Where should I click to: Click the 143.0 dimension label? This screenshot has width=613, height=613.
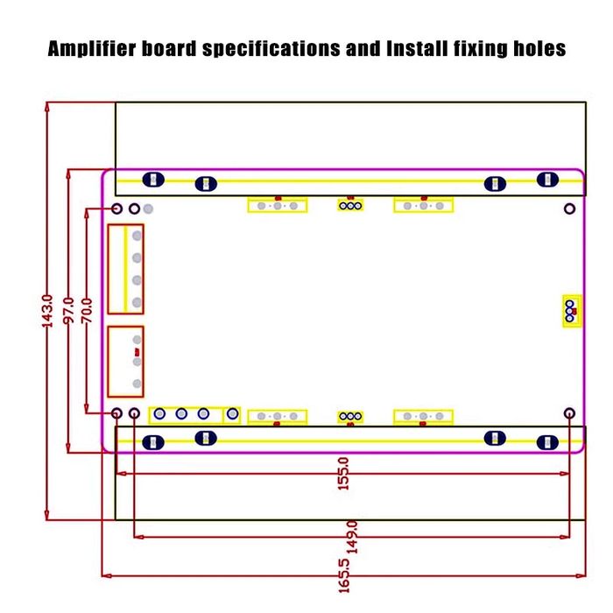pyautogui.click(x=47, y=311)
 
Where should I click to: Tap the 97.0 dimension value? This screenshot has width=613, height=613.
pyautogui.click(x=68, y=311)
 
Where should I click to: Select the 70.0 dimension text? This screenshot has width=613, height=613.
pyautogui.click(x=87, y=311)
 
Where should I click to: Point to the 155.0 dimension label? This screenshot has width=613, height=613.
pyautogui.click(x=343, y=474)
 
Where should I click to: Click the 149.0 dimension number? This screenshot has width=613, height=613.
pyautogui.click(x=352, y=537)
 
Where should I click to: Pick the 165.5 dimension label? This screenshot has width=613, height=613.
pyautogui.click(x=343, y=576)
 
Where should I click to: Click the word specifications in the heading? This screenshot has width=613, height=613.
pyautogui.click(x=271, y=49)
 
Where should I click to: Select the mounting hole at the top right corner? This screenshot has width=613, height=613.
pyautogui.click(x=569, y=208)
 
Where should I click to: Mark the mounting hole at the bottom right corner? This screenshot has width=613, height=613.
pyautogui.click(x=569, y=413)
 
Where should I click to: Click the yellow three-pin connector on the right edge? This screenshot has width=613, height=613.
pyautogui.click(x=572, y=311)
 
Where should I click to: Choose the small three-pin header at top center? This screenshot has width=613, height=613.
pyautogui.click(x=350, y=206)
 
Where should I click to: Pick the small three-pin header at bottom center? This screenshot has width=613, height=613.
pyautogui.click(x=350, y=417)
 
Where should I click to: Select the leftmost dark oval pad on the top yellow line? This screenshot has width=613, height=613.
pyautogui.click(x=153, y=180)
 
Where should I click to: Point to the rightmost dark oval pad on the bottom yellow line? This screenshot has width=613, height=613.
pyautogui.click(x=547, y=442)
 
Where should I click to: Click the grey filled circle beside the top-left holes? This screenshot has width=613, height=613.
pyautogui.click(x=148, y=208)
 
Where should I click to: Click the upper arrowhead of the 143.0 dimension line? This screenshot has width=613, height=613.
pyautogui.click(x=47, y=107)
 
